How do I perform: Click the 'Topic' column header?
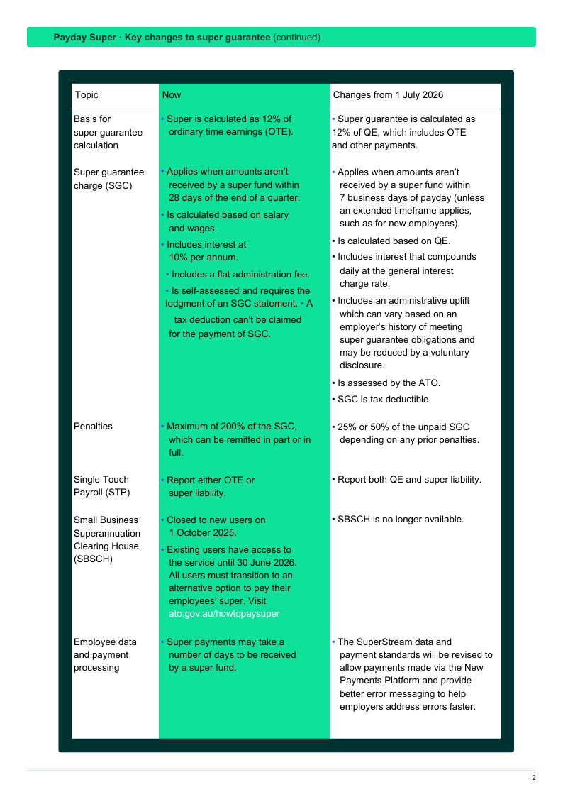click(x=87, y=95)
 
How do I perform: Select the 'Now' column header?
click(x=172, y=95)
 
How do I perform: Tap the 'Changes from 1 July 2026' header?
click(x=388, y=95)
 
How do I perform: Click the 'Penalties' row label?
click(x=93, y=427)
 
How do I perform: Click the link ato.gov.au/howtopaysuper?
click(x=224, y=614)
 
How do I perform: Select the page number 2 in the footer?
click(x=534, y=778)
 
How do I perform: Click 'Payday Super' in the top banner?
click(x=84, y=38)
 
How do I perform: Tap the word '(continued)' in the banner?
click(x=297, y=38)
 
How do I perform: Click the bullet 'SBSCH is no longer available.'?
click(x=401, y=520)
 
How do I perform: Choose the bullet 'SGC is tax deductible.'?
click(x=384, y=400)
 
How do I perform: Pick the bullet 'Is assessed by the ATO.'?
click(x=389, y=383)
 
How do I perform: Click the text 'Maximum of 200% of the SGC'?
click(x=231, y=427)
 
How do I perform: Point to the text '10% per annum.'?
click(x=204, y=258)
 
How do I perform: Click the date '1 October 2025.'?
click(x=203, y=533)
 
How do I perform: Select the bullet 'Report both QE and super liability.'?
click(x=409, y=480)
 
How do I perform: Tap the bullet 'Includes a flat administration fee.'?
click(x=240, y=275)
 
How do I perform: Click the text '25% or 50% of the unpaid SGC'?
click(x=403, y=427)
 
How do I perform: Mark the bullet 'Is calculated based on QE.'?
click(x=394, y=241)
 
